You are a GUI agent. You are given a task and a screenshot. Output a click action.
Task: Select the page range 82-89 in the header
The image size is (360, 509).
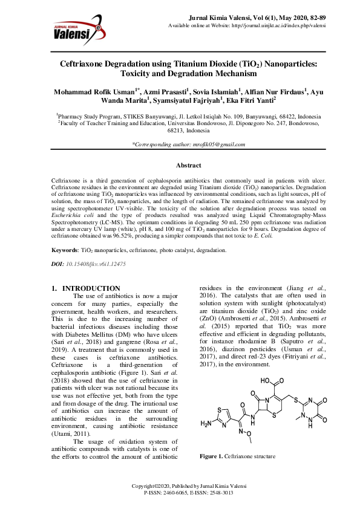tap(325, 19)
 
